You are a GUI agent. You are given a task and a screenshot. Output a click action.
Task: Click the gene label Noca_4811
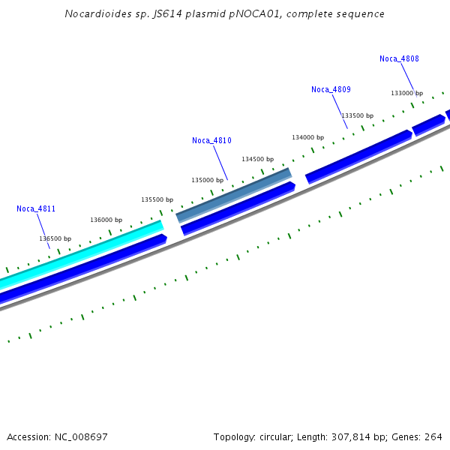pyautogui.click(x=36, y=208)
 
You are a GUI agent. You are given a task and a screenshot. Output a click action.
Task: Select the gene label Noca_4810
pyautogui.click(x=211, y=140)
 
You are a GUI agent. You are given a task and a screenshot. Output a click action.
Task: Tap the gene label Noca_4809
pyautogui.click(x=331, y=89)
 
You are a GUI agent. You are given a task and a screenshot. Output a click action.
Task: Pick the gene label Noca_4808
pyautogui.click(x=399, y=58)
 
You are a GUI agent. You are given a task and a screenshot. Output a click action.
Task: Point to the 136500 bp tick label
pyautogui.click(x=55, y=238)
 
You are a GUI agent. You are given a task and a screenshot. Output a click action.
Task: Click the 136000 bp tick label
pyautogui.click(x=106, y=220)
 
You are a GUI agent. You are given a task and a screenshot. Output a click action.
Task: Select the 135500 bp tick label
pyautogui.click(x=157, y=199)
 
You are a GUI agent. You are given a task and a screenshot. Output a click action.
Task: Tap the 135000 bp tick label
pyautogui.click(x=207, y=180)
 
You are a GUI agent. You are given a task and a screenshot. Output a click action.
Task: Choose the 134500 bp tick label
pyautogui.click(x=257, y=159)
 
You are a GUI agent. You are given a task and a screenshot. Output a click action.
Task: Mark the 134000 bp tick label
pyautogui.click(x=307, y=137)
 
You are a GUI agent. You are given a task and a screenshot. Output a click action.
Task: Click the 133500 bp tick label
pyautogui.click(x=357, y=115)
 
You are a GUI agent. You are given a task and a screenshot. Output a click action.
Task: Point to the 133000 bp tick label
pyautogui.click(x=406, y=93)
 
